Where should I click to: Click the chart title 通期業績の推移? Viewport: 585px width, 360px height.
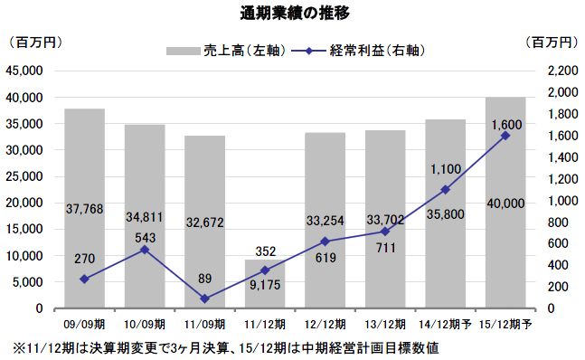tap(292, 14)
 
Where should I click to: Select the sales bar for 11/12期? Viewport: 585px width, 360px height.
tap(265, 284)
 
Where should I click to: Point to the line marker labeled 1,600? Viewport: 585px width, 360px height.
tap(505, 136)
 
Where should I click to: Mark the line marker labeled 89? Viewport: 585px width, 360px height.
tap(204, 298)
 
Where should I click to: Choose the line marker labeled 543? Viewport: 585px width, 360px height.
tap(145, 249)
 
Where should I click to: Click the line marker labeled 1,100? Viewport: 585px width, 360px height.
tap(446, 189)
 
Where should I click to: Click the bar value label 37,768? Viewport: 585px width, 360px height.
tap(84, 209)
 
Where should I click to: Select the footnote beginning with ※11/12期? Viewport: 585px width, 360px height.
tap(226, 347)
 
